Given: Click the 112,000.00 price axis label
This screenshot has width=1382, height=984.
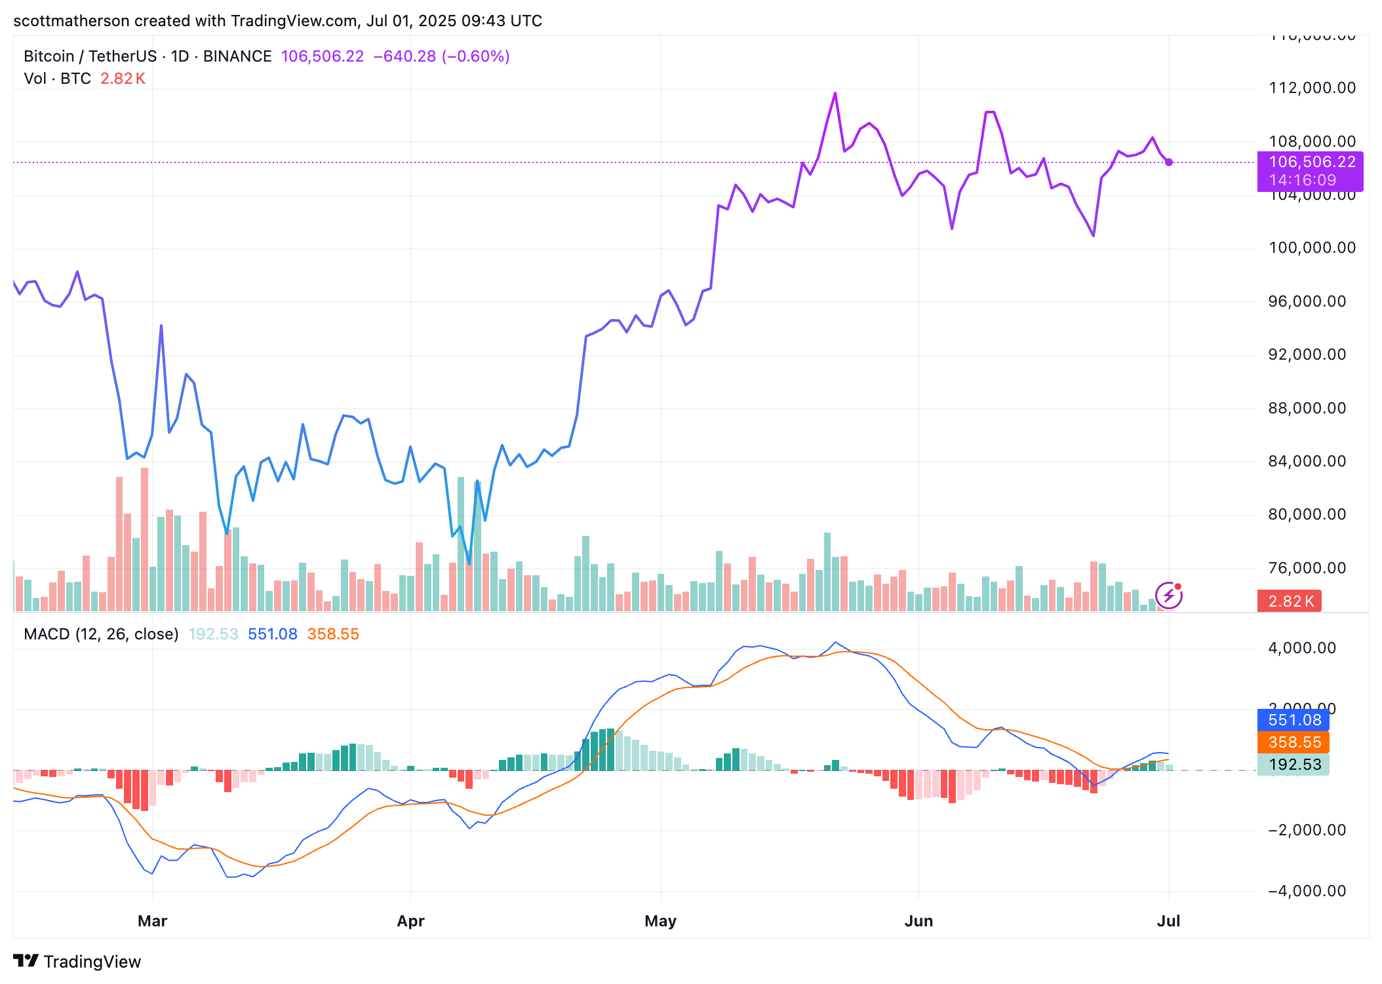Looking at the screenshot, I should pos(1312,88).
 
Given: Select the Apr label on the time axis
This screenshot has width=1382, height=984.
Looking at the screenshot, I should pos(410,921).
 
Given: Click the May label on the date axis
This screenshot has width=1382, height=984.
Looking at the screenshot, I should pos(660,921).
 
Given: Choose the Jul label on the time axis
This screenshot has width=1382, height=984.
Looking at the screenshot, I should pos(1168,921).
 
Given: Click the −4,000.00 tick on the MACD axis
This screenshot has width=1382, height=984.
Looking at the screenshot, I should pos(1307,891).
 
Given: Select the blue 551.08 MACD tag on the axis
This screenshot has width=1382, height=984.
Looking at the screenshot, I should pos(1293,720).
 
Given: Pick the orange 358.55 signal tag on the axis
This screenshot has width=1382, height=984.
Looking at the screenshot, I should pos(1293,742).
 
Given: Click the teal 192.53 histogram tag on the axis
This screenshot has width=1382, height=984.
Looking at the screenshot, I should pos(1293,765).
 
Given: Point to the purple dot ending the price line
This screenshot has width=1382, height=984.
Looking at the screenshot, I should pos(1169,162).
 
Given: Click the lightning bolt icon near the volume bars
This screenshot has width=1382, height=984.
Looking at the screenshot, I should pos(1168,596).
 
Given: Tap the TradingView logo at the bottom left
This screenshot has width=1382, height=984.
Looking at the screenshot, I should pos(77,962).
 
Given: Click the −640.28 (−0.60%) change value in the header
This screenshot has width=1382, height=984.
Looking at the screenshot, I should pos(441,56).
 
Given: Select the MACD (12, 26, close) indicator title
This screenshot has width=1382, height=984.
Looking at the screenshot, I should pos(101,634).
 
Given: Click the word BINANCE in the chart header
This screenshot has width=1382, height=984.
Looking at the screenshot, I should pos(237,56).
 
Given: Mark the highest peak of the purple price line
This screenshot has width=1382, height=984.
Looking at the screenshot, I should pos(835,94).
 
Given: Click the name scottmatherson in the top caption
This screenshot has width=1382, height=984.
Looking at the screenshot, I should pos(71,21).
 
